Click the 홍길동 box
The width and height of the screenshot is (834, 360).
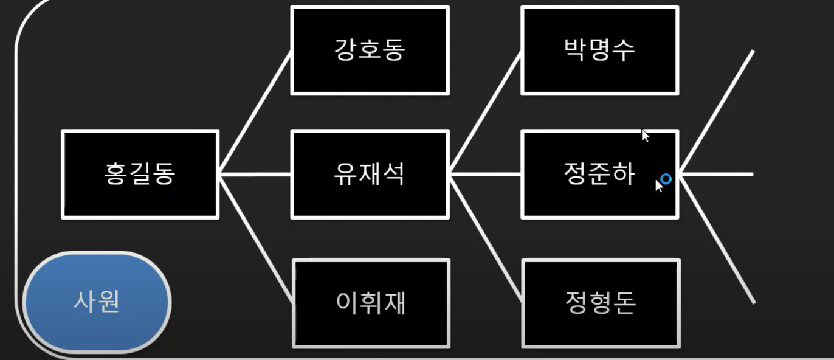click(x=140, y=175)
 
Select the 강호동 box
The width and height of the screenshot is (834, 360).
click(x=370, y=50)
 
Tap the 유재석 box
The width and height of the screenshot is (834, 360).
click(x=370, y=175)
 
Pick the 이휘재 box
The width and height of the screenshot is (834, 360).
click(x=371, y=303)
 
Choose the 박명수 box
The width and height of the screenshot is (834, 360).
click(x=599, y=50)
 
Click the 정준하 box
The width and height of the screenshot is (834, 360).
click(x=599, y=175)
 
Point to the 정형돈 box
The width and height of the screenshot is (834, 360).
click(x=601, y=303)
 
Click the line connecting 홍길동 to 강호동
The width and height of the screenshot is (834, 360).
click(x=255, y=112)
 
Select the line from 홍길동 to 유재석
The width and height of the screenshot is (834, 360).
click(x=255, y=175)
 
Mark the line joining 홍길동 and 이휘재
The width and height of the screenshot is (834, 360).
click(x=255, y=237)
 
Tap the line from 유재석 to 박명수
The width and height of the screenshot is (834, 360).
click(x=486, y=112)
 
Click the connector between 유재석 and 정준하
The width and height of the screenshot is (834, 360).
click(x=486, y=175)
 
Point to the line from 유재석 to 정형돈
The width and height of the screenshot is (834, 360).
click(x=486, y=237)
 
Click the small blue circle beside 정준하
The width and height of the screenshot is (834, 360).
click(x=666, y=179)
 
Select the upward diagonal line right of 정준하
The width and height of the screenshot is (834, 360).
click(x=717, y=112)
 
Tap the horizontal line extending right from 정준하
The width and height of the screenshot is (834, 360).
click(x=717, y=175)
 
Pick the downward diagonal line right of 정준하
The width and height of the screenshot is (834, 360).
click(x=717, y=238)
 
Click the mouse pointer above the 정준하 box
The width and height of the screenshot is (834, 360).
click(x=645, y=135)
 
